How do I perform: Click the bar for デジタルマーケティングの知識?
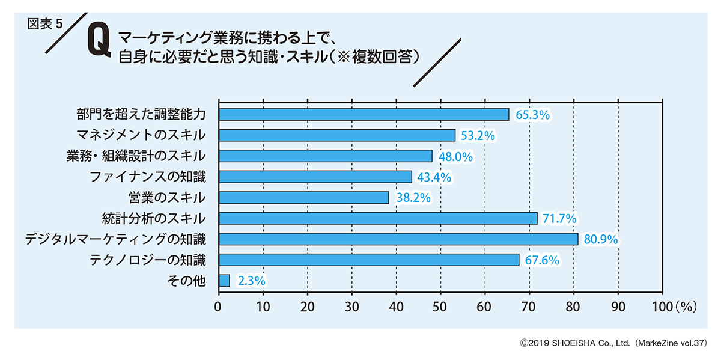(398, 239)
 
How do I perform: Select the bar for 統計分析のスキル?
(378, 218)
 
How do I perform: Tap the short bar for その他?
(224, 281)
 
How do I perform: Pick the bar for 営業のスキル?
(303, 198)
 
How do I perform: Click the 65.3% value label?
(533, 115)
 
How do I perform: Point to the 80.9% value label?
(601, 240)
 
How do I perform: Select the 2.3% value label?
(252, 281)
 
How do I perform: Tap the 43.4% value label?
(434, 177)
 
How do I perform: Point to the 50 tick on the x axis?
(440, 306)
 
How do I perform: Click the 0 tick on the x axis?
(219, 306)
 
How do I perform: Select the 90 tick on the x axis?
(618, 306)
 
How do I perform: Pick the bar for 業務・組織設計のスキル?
(325, 156)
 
